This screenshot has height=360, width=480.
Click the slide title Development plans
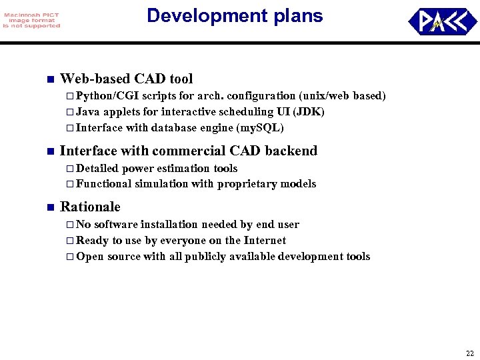coord(235,16)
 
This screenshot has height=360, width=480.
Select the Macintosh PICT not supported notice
coord(31,21)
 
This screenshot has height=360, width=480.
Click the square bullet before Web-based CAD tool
coord(48,80)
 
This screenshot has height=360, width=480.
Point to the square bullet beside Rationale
coord(48,207)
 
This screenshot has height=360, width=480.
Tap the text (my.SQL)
coord(261,128)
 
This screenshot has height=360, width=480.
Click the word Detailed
coord(97,168)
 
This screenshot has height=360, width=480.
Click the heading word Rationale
coord(90,207)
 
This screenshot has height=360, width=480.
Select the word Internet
coord(265,241)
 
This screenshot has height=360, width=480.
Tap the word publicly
coord(207,257)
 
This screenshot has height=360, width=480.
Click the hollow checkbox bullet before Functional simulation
coord(70,184)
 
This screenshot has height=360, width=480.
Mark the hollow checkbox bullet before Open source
coord(70,257)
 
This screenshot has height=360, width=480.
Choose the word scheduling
coord(217,112)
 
